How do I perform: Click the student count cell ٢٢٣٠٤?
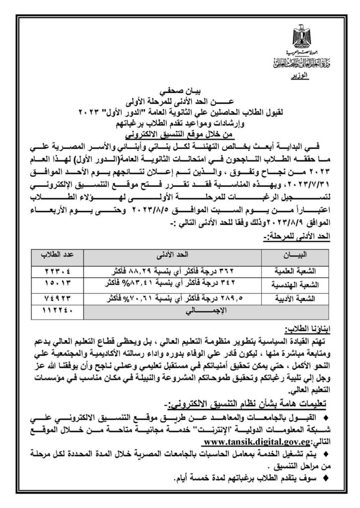56,272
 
